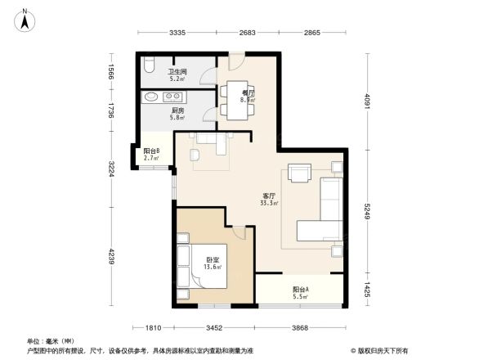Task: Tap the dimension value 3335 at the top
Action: coord(178,33)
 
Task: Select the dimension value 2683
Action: coord(249,33)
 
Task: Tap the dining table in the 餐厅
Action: coord(239,91)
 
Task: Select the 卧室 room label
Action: coord(213,260)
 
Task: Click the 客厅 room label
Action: coord(268,197)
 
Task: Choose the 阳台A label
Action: coord(300,290)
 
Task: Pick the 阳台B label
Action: coord(151,152)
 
